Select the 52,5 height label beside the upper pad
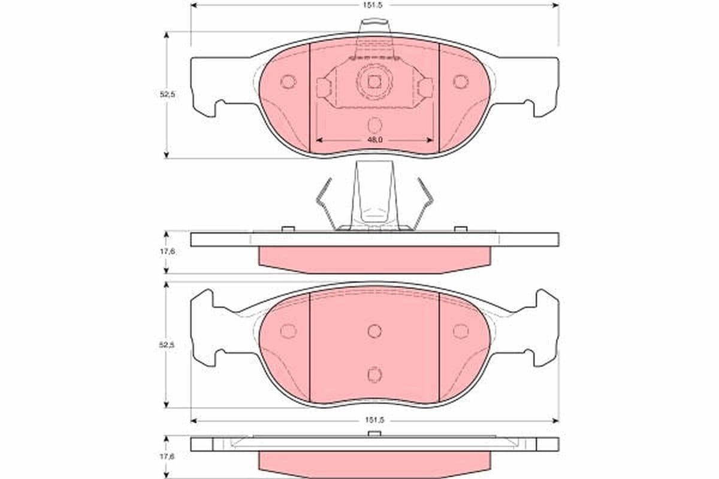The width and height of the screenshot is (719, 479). click(167, 94)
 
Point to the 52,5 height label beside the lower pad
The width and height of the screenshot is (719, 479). click(167, 345)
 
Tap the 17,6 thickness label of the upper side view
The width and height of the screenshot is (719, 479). click(167, 252)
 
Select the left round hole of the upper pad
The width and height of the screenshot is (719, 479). click(288, 82)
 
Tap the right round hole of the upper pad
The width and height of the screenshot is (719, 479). click(460, 82)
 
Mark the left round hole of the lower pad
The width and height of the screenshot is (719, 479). click(288, 331)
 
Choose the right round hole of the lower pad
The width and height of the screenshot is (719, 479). click(460, 331)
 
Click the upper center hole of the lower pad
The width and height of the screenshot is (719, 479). click(374, 331)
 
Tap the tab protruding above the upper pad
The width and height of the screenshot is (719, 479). click(373, 26)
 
